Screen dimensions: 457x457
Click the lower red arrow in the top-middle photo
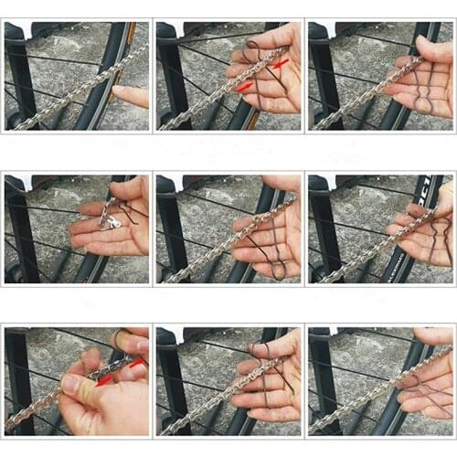[243, 88]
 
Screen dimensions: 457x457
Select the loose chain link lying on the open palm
[112, 220]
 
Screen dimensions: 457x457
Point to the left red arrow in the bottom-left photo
[104, 378]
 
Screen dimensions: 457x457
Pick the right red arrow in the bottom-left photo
[136, 363]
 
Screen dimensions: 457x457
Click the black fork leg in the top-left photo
[16, 73]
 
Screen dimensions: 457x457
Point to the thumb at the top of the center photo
[279, 184]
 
